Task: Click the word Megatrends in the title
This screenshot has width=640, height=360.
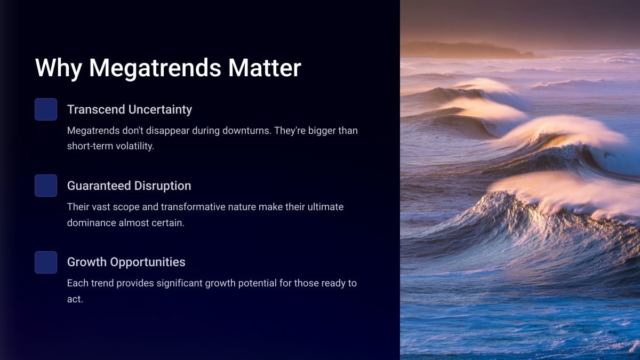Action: coord(155,69)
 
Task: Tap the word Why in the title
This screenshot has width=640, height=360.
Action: coord(59,69)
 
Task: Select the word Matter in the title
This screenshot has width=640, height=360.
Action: coord(265,68)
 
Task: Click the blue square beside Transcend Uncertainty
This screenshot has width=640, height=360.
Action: coord(46,109)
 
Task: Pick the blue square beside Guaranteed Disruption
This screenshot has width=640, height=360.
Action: coord(46,186)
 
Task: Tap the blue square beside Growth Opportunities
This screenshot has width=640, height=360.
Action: coord(46,262)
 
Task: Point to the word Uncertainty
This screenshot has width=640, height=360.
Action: coord(160,110)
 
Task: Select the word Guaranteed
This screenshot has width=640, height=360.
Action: coord(99,186)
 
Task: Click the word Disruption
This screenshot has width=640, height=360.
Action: coord(163,186)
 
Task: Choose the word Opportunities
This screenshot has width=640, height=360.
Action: coord(148,262)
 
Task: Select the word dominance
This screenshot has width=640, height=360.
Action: coord(91,223)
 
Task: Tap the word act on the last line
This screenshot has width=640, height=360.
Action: coord(74,299)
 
